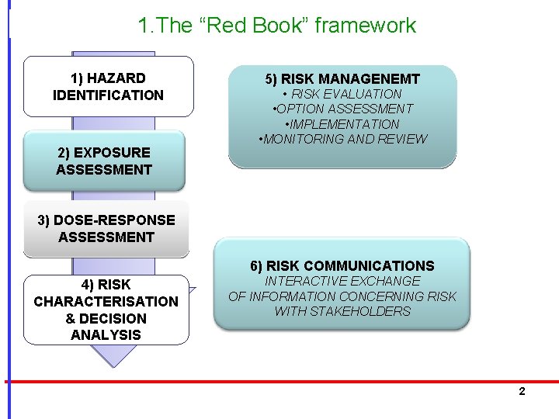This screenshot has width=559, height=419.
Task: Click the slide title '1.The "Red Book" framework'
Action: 276,25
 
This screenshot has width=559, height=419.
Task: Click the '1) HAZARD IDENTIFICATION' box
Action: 108,86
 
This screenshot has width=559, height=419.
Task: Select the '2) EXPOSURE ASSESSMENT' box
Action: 104,161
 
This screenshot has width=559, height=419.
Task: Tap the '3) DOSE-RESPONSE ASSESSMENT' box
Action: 106,228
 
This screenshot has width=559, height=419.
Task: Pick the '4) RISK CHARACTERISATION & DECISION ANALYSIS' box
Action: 106,310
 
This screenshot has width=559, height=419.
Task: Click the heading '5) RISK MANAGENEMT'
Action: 342,78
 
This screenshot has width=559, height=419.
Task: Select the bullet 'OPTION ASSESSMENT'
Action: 342,109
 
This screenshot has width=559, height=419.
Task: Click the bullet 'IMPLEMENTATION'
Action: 342,124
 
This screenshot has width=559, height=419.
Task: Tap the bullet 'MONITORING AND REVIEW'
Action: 342,139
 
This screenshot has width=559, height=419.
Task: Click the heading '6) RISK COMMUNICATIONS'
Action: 342,265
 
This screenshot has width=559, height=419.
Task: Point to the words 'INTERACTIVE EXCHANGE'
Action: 342,281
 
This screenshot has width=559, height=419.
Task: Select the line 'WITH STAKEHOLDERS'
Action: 342,311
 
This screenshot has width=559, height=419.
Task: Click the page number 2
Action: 522,391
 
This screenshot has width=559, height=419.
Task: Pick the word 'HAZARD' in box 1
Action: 116,78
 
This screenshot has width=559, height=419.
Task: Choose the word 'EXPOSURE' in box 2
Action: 113,152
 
